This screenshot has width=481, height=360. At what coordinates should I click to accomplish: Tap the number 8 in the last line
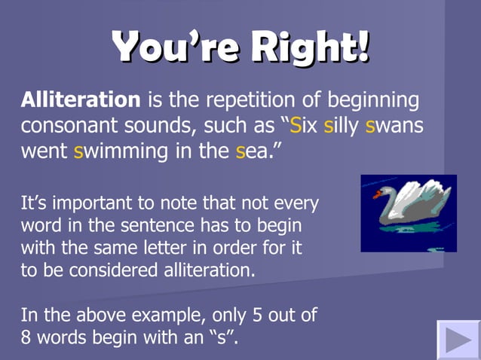(x=26, y=337)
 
